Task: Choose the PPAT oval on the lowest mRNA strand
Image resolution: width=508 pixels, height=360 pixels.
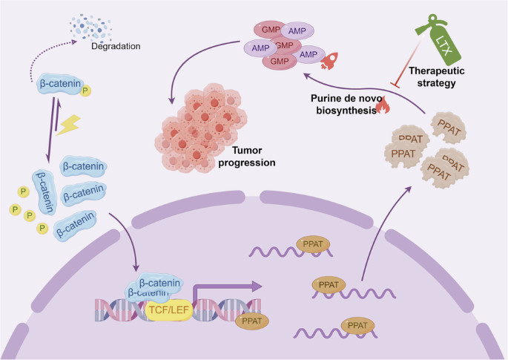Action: (357, 325)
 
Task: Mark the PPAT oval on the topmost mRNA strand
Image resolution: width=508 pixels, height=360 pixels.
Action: (313, 243)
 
